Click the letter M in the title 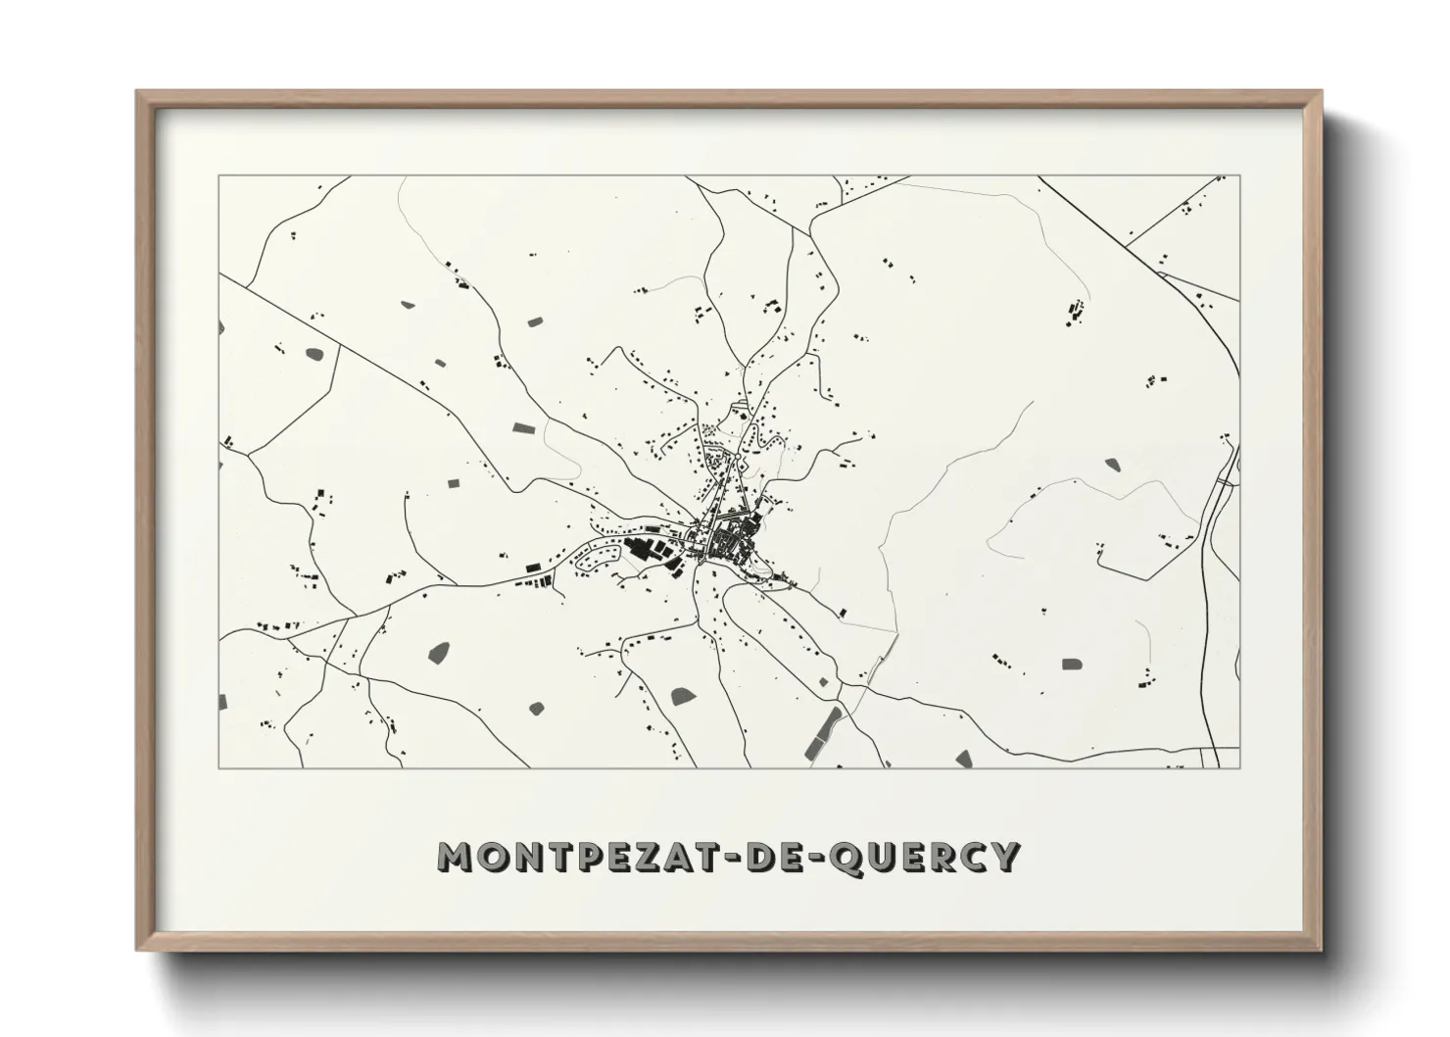(458, 857)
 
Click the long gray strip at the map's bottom (823, 732)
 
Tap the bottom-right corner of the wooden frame (1321, 950)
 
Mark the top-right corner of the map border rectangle (1239, 176)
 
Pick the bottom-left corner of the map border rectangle (219, 767)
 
